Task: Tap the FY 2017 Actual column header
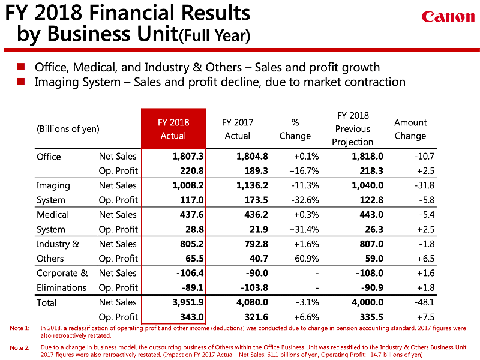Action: click(238, 129)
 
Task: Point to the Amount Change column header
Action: click(410, 129)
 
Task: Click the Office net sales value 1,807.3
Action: click(188, 156)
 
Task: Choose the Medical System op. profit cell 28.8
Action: click(194, 229)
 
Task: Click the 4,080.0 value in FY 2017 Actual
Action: click(251, 302)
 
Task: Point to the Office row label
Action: click(49, 157)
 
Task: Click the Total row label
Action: click(47, 302)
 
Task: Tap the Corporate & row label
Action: click(62, 273)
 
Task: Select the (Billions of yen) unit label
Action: click(68, 128)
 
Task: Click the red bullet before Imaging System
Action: click(22, 82)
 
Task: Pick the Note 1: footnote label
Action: click(20, 328)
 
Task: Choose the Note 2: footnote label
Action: click(20, 347)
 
